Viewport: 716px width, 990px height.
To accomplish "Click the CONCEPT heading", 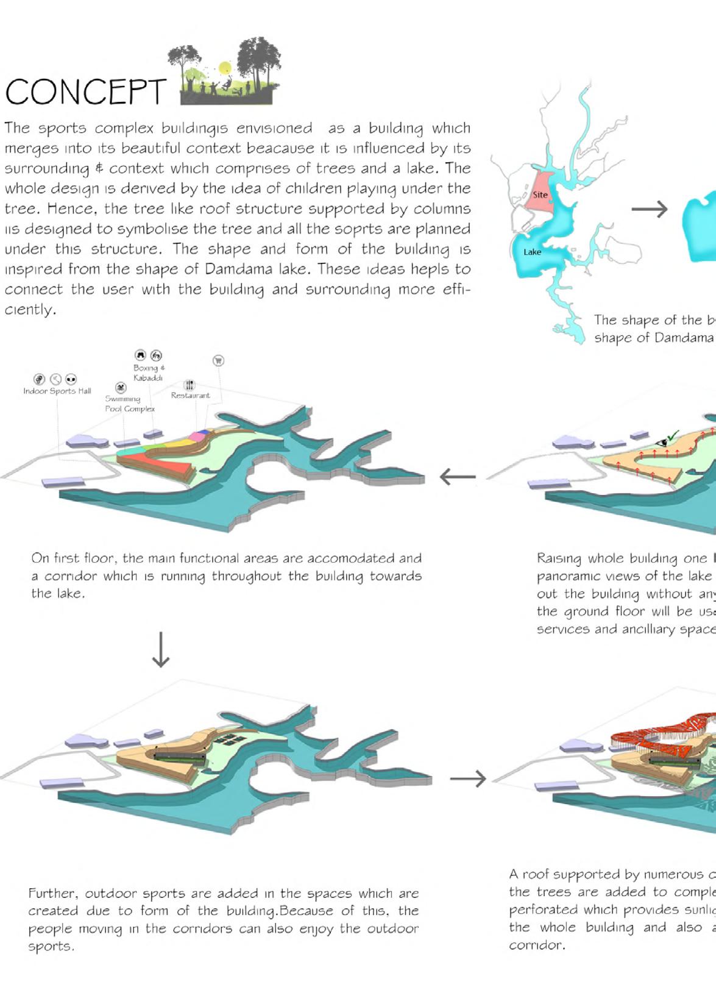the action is [x=85, y=92].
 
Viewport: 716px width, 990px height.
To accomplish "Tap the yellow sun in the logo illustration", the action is [x=225, y=67].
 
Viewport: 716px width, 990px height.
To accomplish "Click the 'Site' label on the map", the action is [x=540, y=194].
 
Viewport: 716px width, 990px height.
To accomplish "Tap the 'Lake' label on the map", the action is [x=532, y=252].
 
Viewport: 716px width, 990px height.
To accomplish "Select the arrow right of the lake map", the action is [x=650, y=209].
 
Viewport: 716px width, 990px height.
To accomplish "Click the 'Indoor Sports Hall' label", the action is [x=57, y=391].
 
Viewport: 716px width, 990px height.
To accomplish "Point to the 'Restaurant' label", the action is [x=190, y=395].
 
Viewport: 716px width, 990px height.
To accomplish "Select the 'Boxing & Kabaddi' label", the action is [x=149, y=372].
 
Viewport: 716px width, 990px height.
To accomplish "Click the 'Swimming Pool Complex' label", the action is [x=129, y=404].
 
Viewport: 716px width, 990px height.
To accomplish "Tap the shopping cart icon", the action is [x=218, y=360].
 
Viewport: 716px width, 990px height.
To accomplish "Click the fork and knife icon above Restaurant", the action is [x=190, y=385].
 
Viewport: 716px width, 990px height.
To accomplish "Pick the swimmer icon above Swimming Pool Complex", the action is [x=121, y=388].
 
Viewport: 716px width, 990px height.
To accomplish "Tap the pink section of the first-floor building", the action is [x=196, y=436].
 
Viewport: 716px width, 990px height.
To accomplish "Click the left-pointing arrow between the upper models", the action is [x=457, y=476].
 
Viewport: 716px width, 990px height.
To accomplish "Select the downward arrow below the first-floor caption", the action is [x=161, y=649].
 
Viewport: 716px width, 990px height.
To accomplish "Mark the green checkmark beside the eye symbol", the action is [x=672, y=436].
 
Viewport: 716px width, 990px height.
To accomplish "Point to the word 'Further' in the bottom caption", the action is [x=53, y=893].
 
